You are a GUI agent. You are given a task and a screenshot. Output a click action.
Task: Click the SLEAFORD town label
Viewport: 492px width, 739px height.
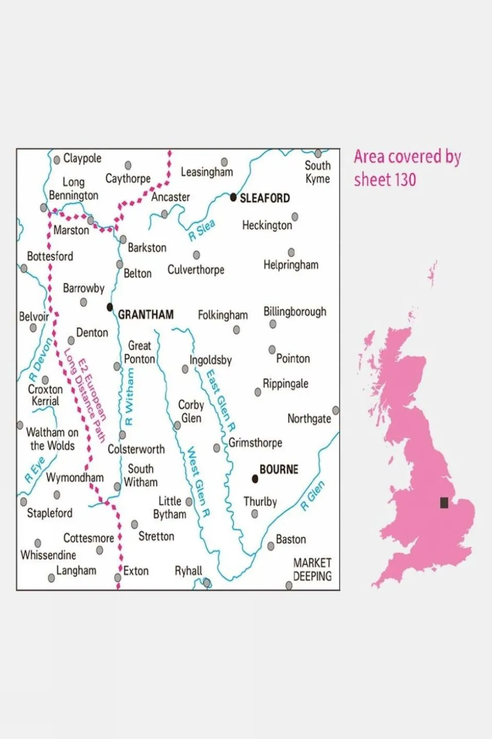(265, 198)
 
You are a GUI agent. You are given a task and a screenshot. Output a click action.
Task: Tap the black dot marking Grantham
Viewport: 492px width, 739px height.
(110, 307)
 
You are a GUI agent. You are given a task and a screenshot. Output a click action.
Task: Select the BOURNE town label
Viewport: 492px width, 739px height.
(279, 469)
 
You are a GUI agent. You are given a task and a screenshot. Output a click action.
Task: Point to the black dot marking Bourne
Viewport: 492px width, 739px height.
(255, 479)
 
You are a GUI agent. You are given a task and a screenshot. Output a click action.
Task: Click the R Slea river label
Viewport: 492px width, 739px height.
(201, 231)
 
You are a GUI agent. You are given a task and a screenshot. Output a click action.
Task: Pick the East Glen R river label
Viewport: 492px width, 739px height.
(221, 401)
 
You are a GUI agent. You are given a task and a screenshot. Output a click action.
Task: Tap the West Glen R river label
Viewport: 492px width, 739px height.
(198, 482)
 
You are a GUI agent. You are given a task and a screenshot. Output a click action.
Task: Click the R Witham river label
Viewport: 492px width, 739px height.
(129, 396)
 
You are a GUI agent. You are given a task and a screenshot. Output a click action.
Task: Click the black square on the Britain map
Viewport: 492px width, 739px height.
(444, 502)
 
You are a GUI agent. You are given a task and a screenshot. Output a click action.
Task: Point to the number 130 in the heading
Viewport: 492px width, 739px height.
(405, 180)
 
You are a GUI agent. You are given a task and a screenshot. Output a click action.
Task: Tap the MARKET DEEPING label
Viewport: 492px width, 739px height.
(312, 570)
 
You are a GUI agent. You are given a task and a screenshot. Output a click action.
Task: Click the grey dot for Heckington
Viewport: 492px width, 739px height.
(295, 217)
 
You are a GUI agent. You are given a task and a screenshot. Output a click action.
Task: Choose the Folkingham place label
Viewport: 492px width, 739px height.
(223, 315)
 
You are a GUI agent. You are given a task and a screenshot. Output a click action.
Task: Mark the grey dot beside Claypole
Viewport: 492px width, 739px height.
(57, 160)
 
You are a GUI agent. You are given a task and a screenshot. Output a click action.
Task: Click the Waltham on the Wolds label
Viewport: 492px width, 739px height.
(52, 439)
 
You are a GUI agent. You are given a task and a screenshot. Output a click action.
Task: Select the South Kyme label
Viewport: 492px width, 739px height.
(318, 172)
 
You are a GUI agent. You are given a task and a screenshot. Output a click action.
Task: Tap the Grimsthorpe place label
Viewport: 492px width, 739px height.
(255, 443)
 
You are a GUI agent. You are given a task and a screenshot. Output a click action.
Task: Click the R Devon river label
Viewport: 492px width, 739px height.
(41, 359)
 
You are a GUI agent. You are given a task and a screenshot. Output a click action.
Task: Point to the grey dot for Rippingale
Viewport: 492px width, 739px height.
(258, 392)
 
